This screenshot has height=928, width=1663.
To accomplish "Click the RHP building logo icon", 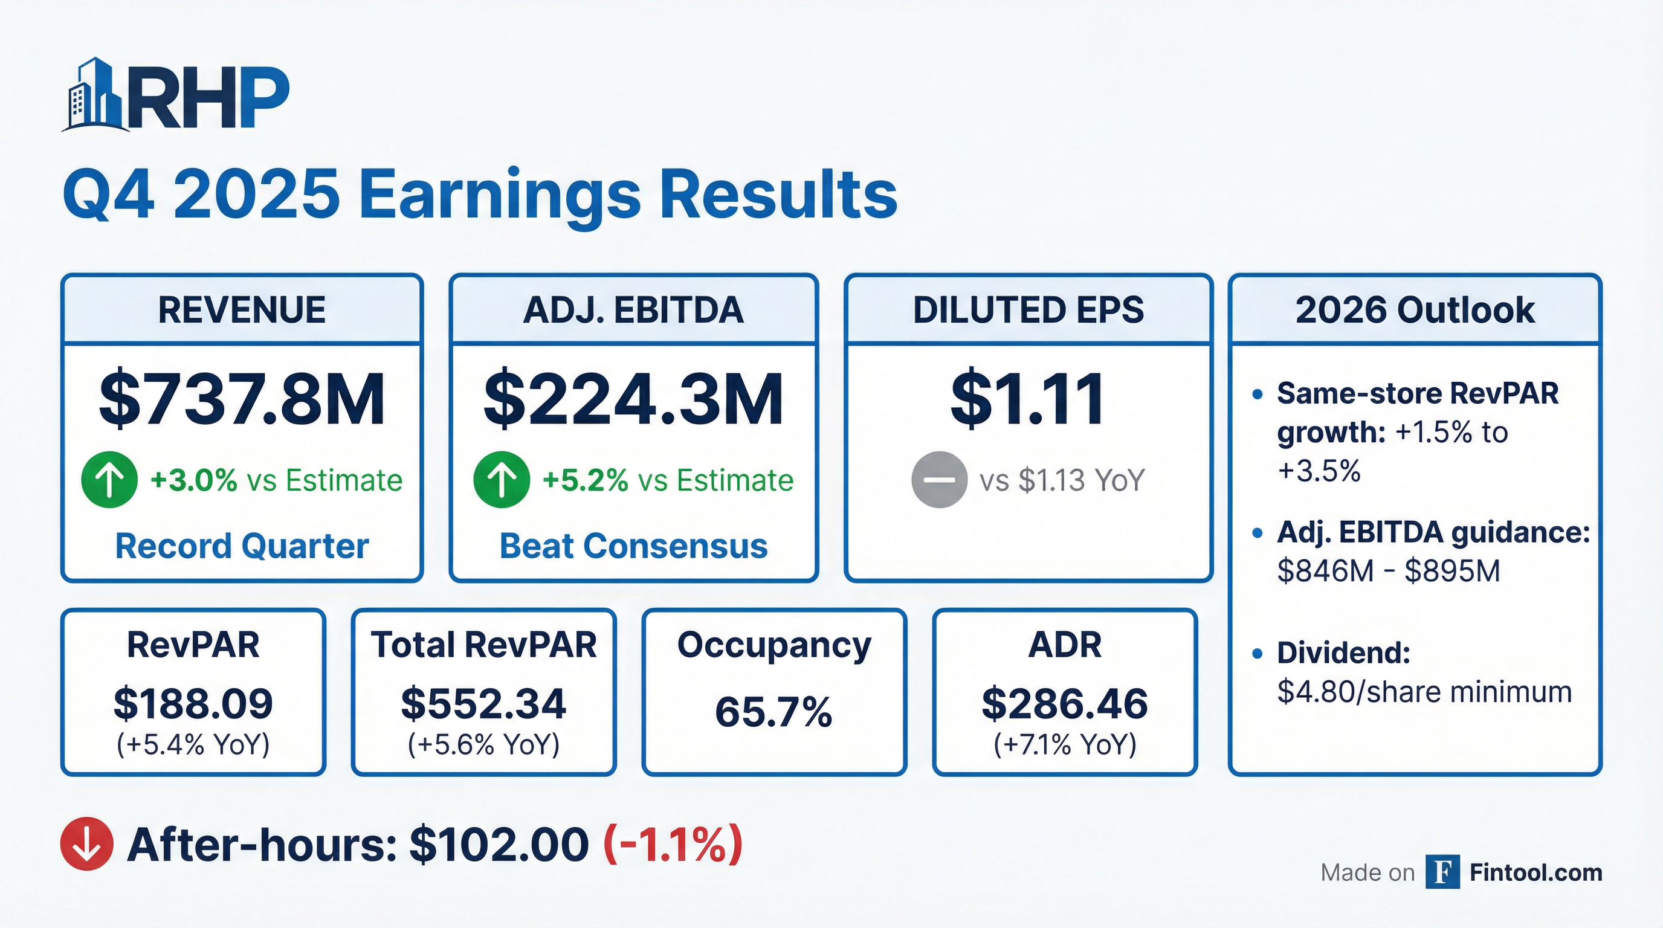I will pos(95,95).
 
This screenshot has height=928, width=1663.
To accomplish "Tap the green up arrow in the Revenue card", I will pos(109,480).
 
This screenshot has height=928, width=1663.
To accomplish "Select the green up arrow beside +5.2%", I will pos(502,480).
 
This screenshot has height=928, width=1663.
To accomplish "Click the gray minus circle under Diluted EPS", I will pos(938,480).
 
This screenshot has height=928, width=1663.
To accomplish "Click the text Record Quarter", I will pos(242,546).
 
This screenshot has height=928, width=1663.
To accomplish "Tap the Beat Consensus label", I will pos(633,546).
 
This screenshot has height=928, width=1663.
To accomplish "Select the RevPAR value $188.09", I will pos(193,703).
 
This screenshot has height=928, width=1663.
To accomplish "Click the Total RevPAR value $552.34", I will pos(483,703).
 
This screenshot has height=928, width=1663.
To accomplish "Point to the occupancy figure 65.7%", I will pos(773,712).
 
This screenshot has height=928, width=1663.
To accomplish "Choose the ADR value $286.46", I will pos(1065,703).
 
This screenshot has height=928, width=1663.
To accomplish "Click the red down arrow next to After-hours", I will pos(86,843).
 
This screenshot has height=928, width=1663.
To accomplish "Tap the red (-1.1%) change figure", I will pos(673,843).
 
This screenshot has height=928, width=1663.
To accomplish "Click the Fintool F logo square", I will pos(1442,872).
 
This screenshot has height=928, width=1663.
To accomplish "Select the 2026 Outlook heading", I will pos(1415,311).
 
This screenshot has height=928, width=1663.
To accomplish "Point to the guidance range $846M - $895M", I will pos(1389,571).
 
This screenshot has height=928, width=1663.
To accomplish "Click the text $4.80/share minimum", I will pos(1424,692).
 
